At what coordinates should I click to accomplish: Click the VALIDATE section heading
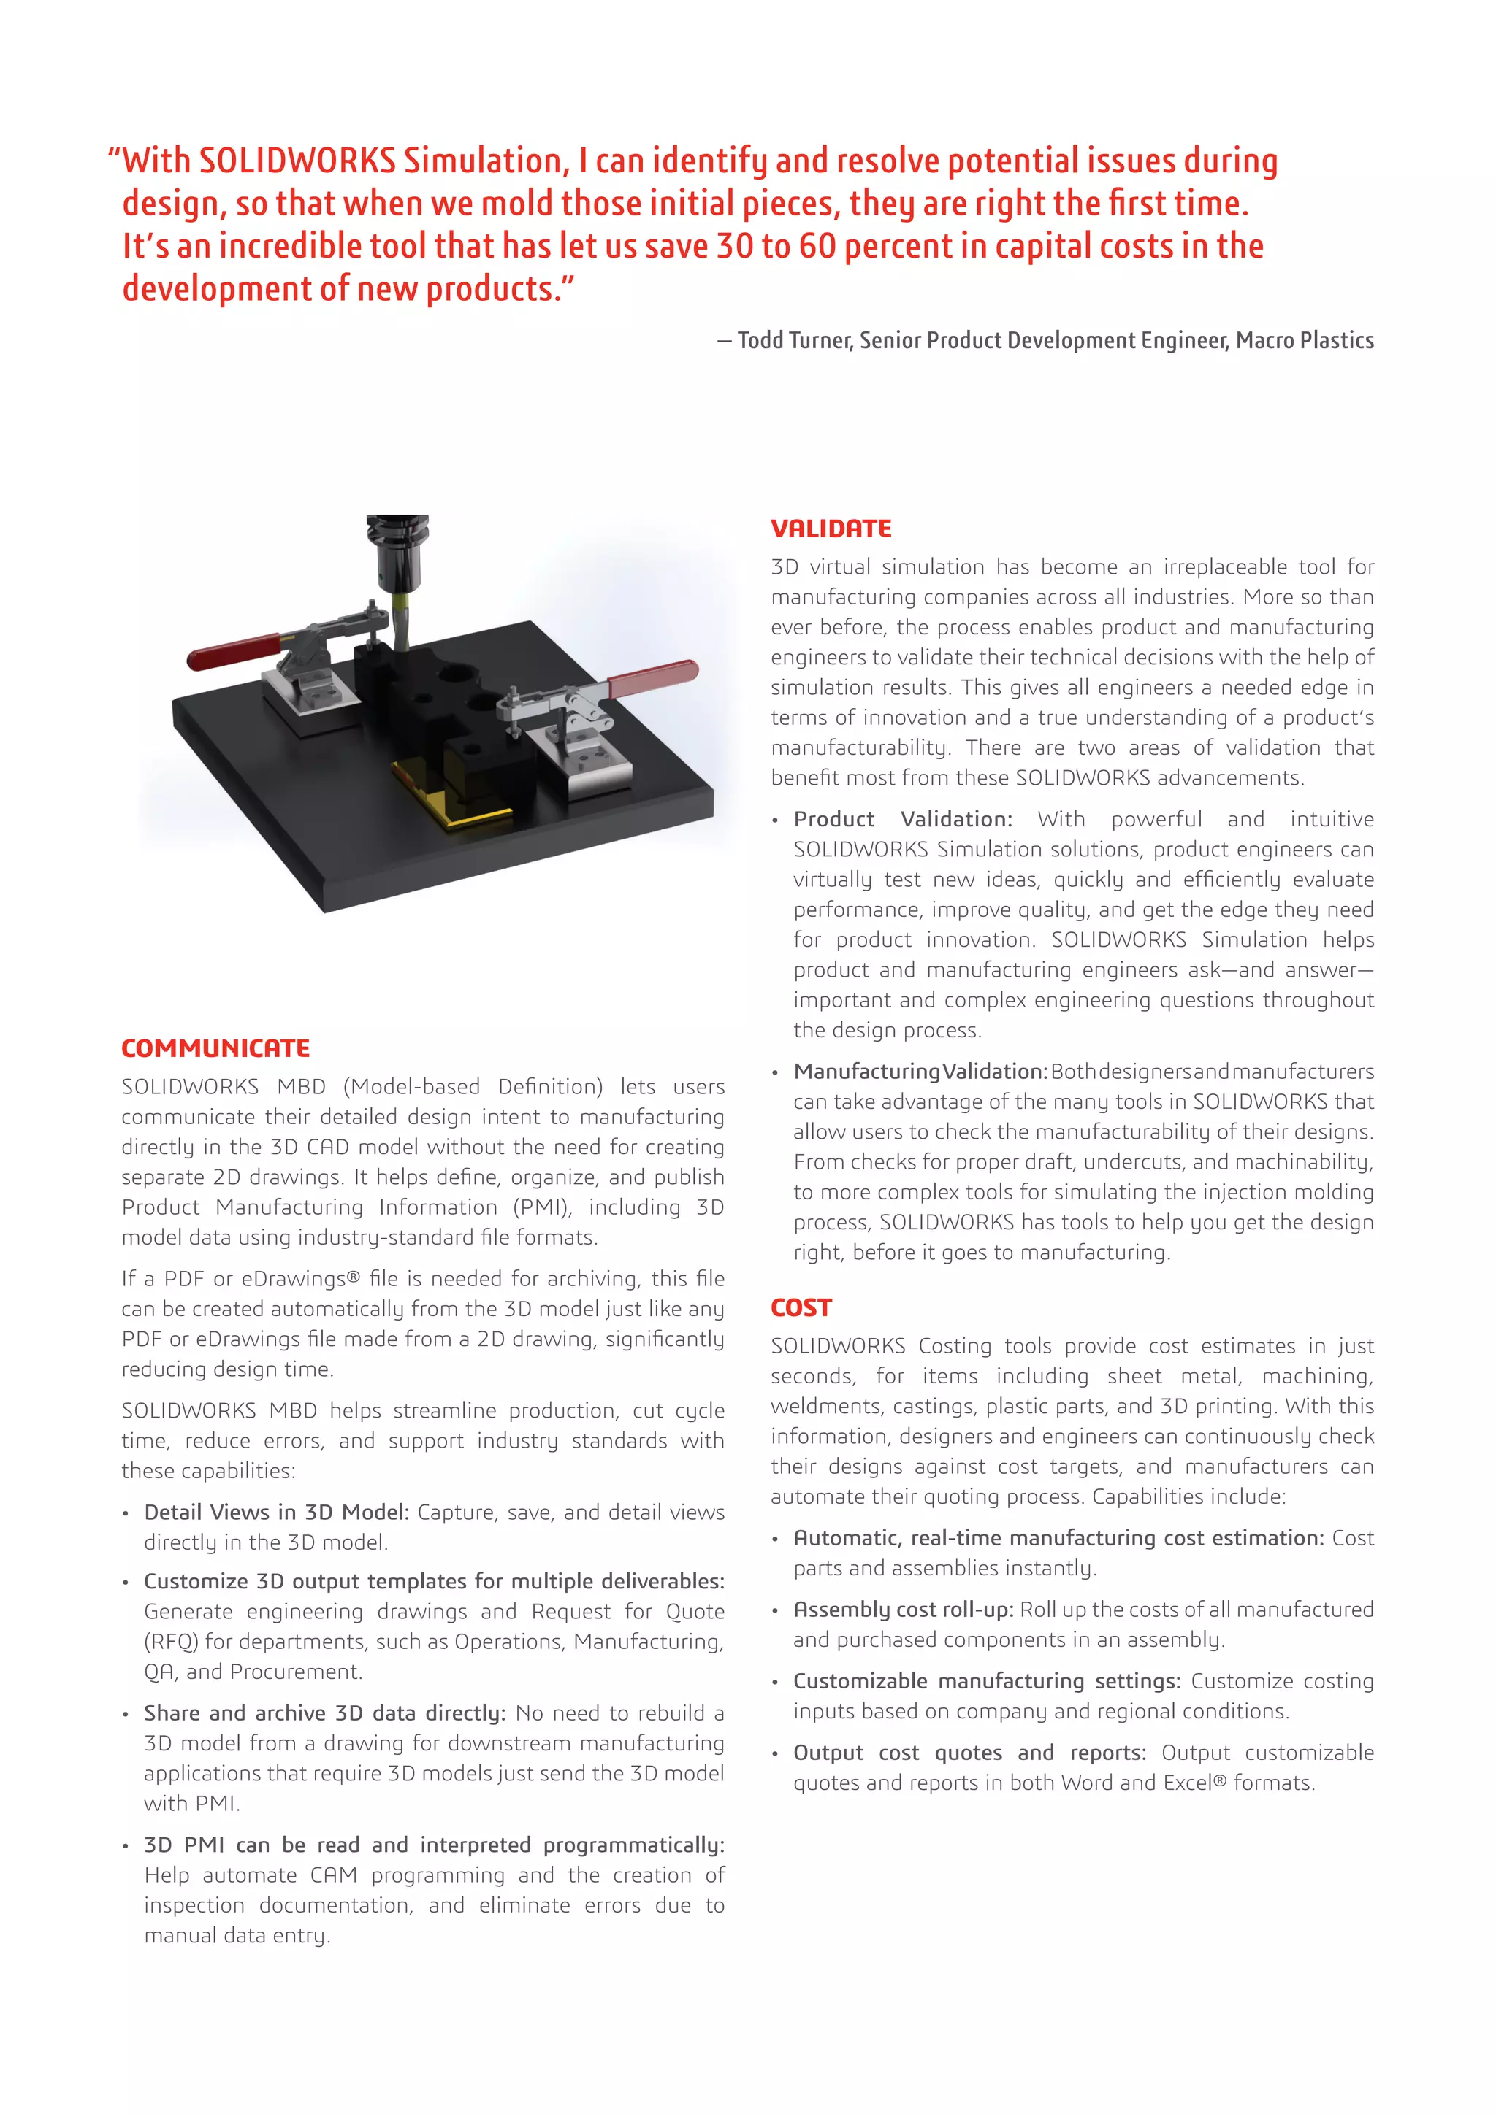[x=831, y=528]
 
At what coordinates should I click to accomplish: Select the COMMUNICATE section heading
[x=215, y=1048]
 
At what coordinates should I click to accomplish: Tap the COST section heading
[x=801, y=1307]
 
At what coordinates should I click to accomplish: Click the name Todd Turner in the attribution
[x=796, y=341]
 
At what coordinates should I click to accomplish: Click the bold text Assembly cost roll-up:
[x=903, y=1610]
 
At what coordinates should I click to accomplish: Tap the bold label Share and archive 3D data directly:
[x=324, y=1713]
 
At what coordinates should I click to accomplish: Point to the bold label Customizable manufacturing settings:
[x=985, y=1680]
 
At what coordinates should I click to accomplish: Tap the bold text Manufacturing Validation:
[x=920, y=1072]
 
